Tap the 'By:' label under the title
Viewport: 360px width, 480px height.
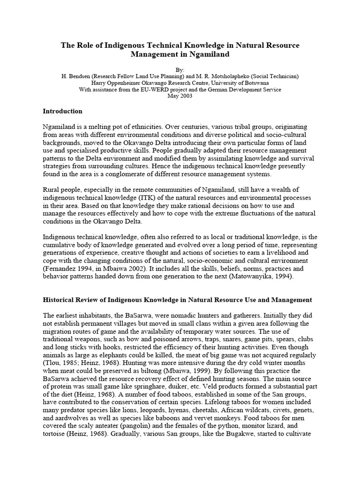[180, 67]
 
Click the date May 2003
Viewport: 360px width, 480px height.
[180, 96]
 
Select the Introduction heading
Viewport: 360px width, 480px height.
[62, 112]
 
